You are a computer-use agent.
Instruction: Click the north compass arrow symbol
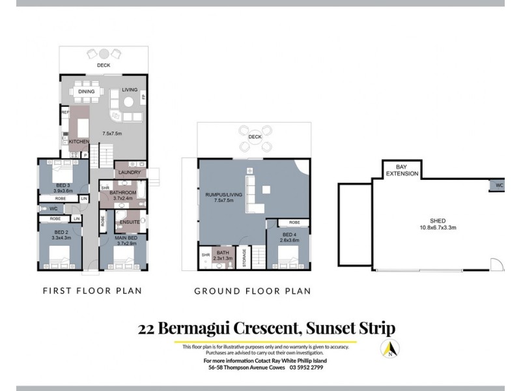[389, 350]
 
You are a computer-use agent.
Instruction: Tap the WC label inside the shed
[499, 185]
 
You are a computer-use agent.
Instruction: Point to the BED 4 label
[289, 236]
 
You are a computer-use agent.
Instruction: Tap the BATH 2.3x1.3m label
[223, 255]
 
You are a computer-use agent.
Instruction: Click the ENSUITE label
[130, 222]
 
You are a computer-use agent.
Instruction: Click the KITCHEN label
[78, 141]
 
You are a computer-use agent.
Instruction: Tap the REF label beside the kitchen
[65, 112]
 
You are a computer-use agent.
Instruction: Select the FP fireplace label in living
[144, 97]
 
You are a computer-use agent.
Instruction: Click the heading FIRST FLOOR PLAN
[92, 291]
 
